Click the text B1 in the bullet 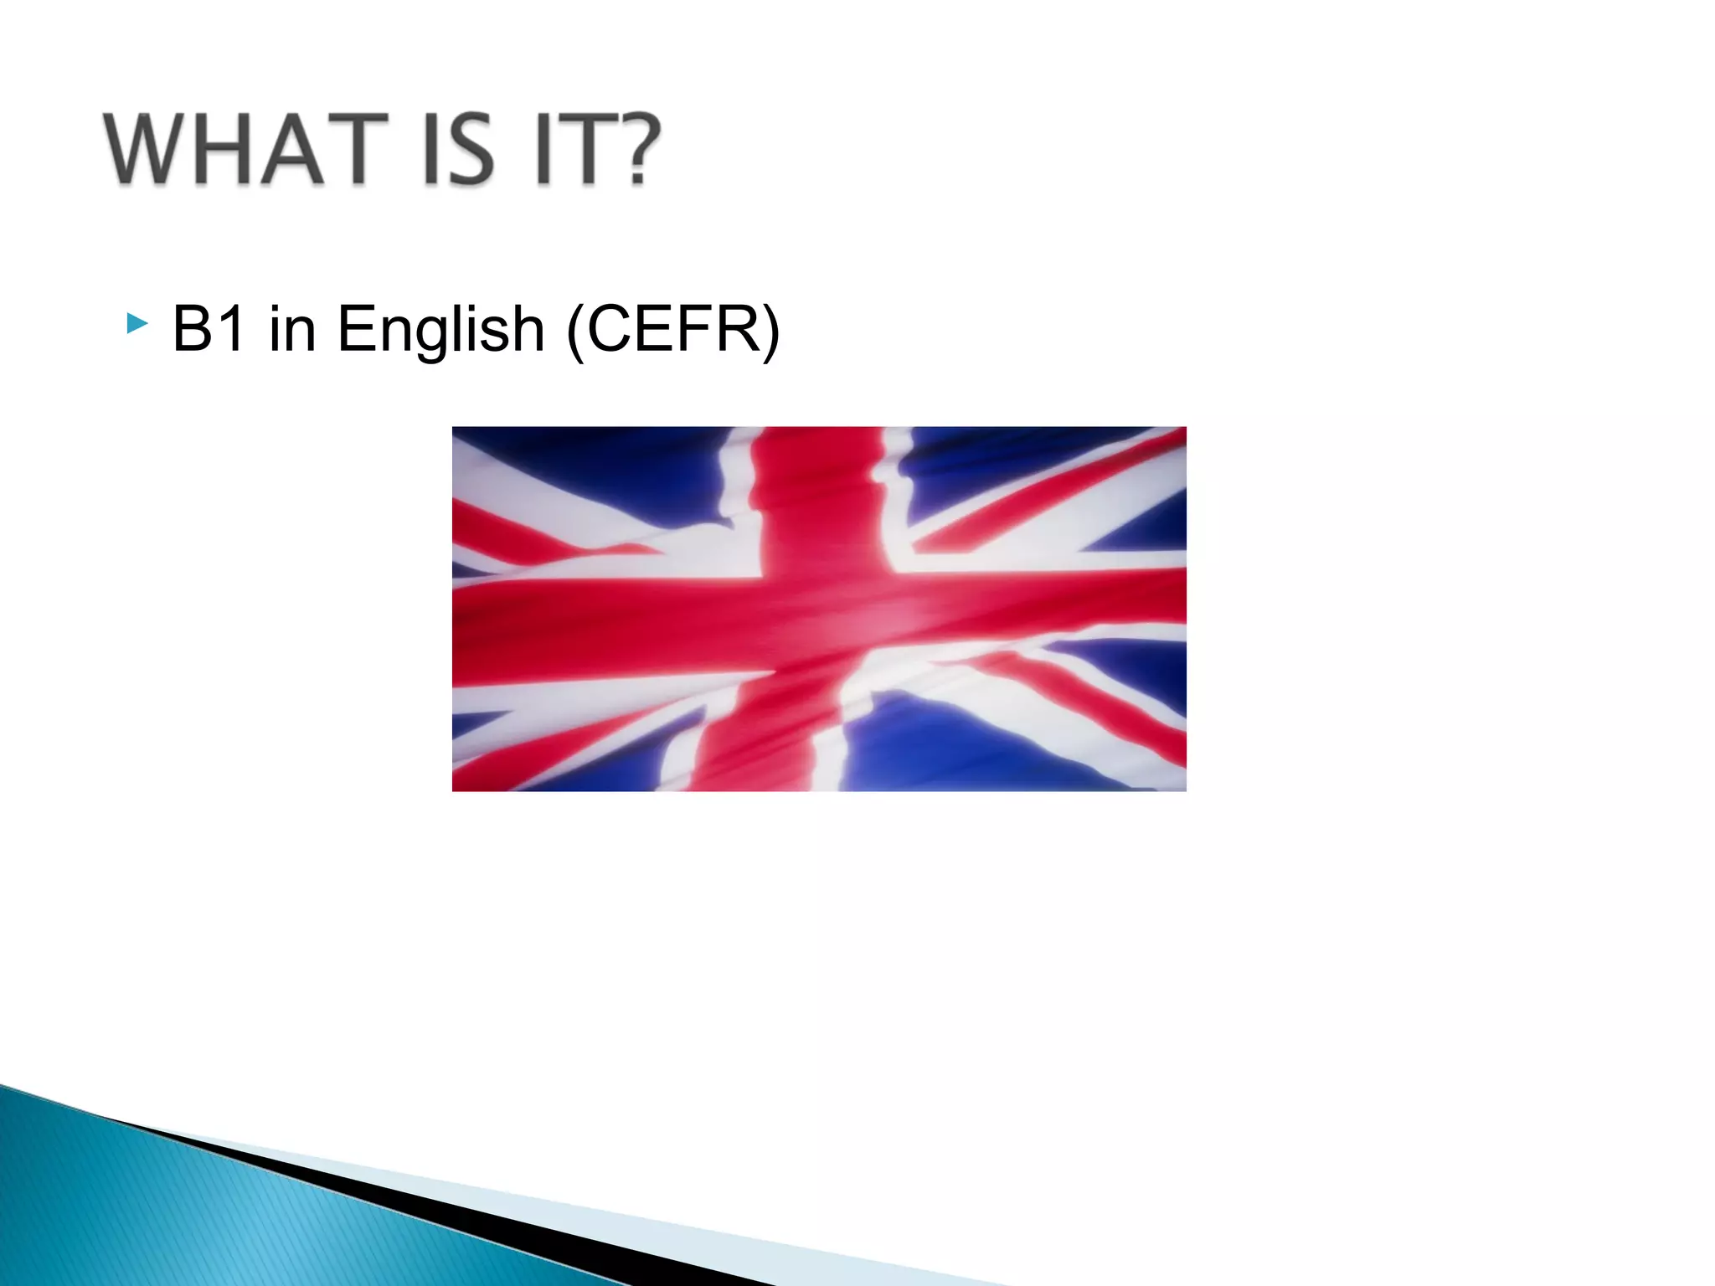pyautogui.click(x=209, y=328)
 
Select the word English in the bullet pyautogui.click(x=441, y=330)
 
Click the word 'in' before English pyautogui.click(x=292, y=328)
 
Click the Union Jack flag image pyautogui.click(x=819, y=609)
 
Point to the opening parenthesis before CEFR pyautogui.click(x=575, y=330)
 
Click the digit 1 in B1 pyautogui.click(x=232, y=328)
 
